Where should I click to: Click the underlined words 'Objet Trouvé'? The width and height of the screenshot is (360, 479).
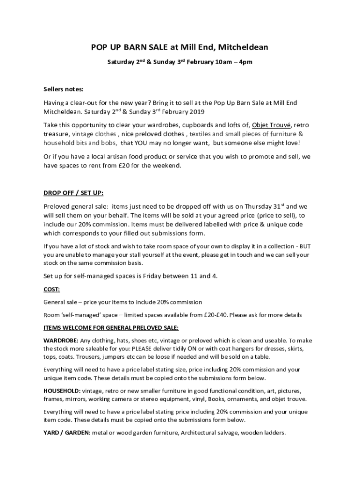pos(272,125)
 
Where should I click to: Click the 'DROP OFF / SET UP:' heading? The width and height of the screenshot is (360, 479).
pos(73,193)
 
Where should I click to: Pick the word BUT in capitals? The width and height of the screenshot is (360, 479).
pos(305,246)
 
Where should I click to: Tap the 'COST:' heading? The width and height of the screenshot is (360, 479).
pos(51,290)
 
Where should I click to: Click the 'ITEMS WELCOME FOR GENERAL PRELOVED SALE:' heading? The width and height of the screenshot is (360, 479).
pos(111,327)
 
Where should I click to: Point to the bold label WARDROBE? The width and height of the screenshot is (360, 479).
pos(61,340)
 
